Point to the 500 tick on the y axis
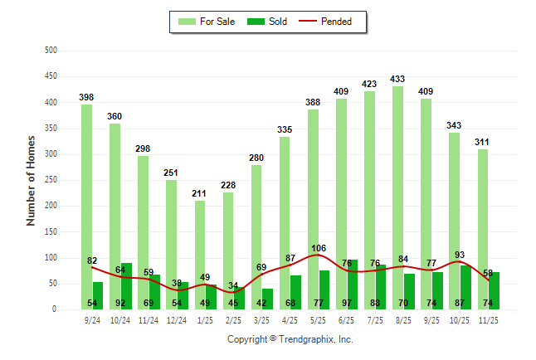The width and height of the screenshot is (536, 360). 51,51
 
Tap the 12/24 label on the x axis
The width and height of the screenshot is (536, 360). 177,319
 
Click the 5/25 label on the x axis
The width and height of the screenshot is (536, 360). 318,319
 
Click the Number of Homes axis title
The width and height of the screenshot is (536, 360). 32,180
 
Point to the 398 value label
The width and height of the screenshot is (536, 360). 86,98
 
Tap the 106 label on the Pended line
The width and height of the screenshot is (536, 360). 318,247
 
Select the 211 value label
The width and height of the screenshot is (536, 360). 199,195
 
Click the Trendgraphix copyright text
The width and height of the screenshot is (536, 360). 290,339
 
